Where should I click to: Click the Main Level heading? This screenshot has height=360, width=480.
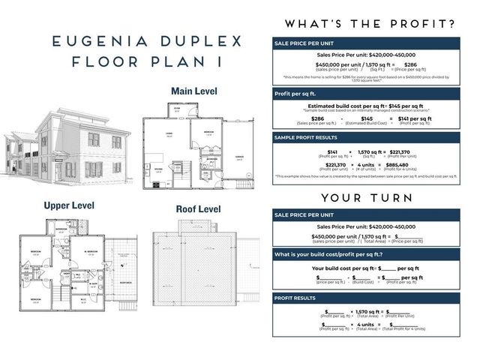(x=193, y=91)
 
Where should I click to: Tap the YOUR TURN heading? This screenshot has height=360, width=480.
(x=366, y=198)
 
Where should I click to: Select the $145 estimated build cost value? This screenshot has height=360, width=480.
(x=367, y=118)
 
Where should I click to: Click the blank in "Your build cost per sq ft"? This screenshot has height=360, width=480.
(x=388, y=268)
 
